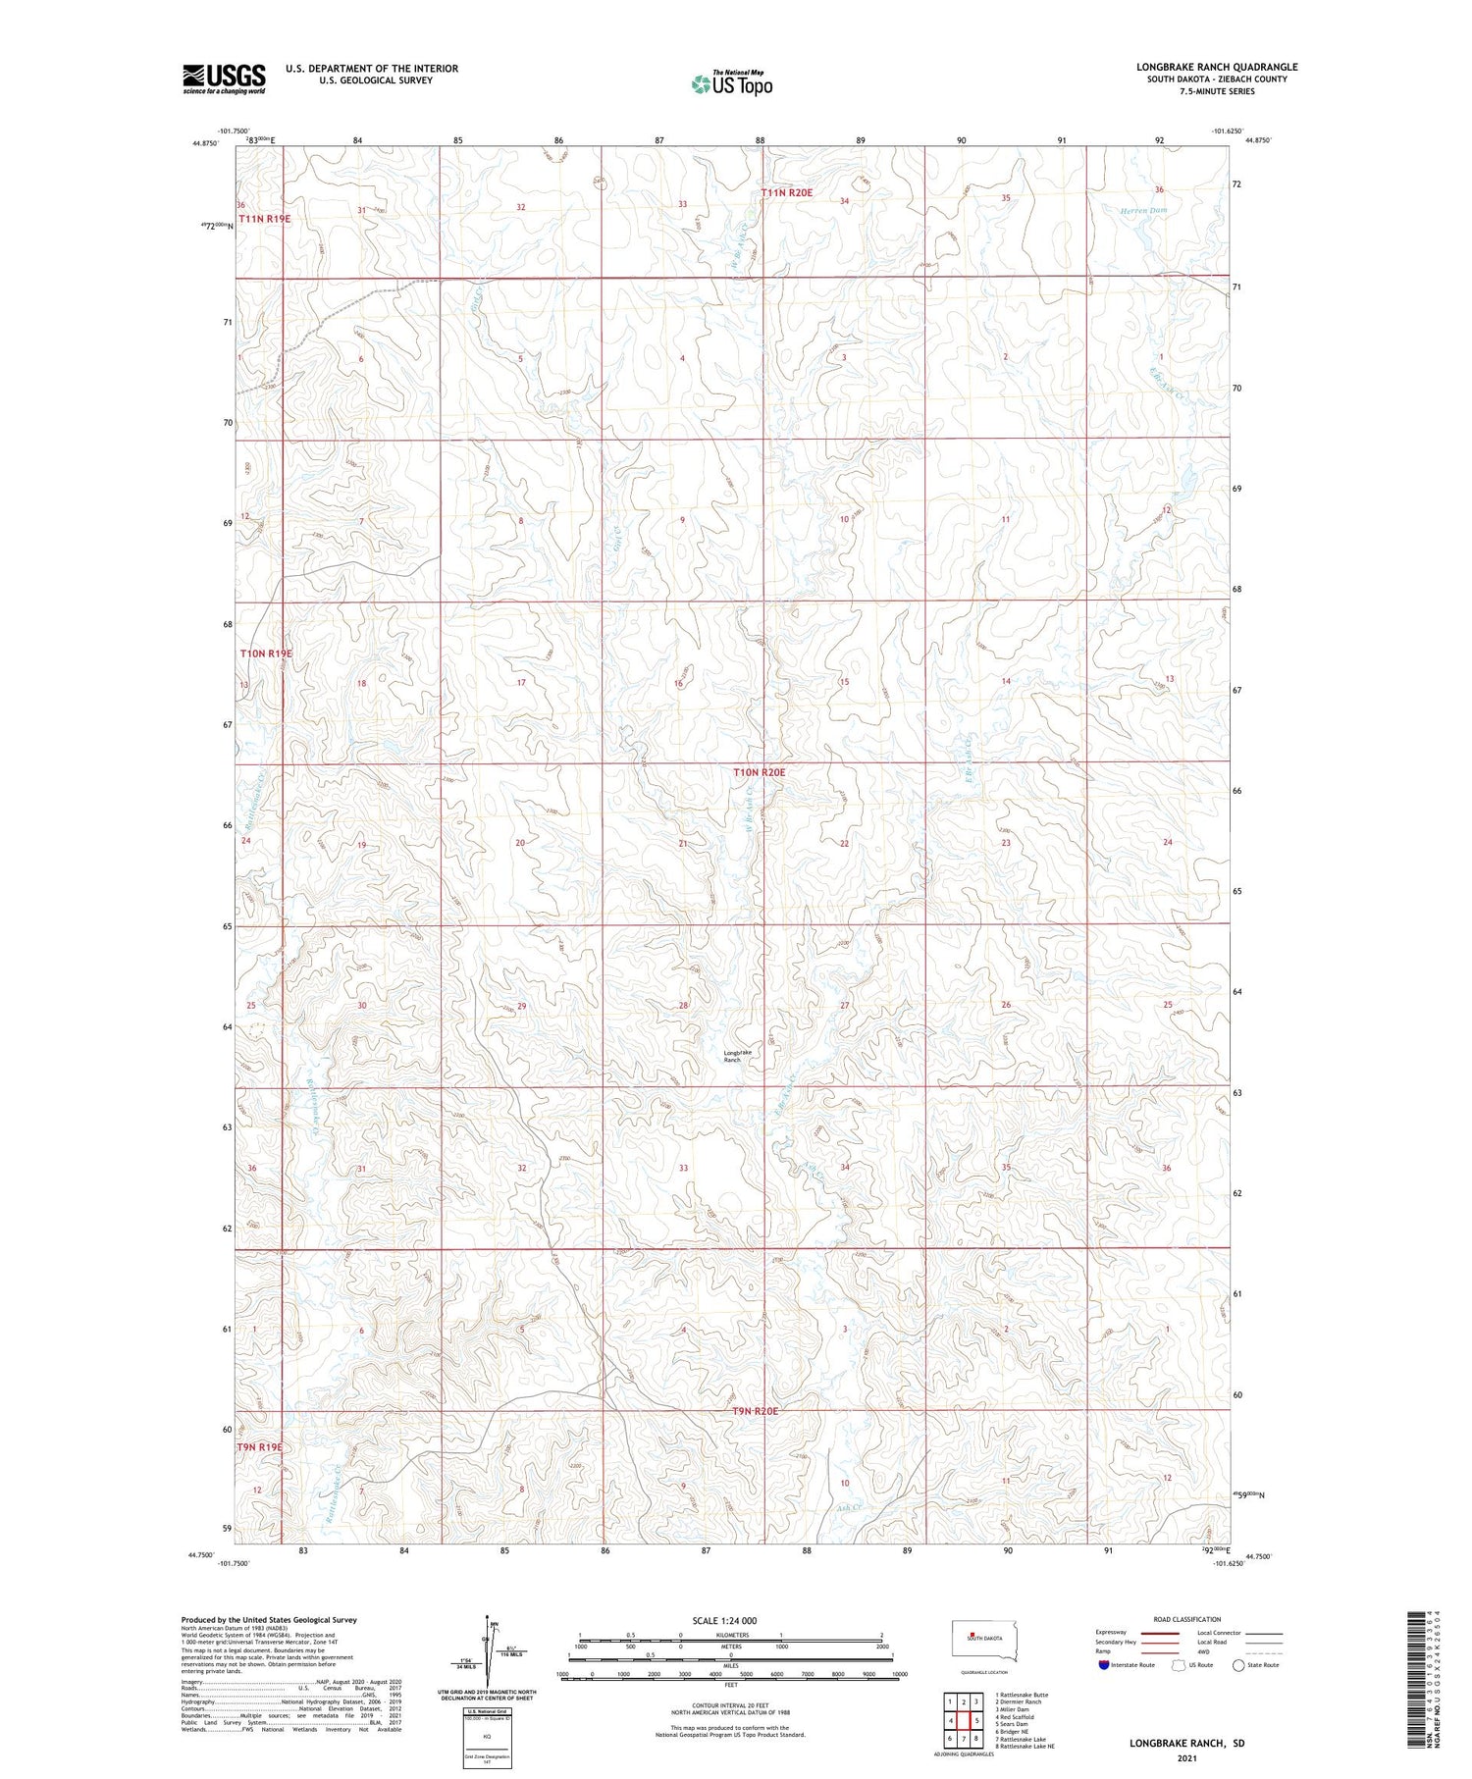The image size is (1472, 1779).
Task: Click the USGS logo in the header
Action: point(224,78)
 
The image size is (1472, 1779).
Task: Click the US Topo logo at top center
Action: point(731,83)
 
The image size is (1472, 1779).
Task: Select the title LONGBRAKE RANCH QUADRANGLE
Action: point(1217,67)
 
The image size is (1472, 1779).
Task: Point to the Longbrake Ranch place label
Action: point(737,1056)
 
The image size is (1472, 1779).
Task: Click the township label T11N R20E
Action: point(787,193)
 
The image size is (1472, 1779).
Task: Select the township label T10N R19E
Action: point(266,654)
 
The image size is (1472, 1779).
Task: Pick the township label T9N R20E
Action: point(755,1411)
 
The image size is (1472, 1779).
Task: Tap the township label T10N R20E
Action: point(760,773)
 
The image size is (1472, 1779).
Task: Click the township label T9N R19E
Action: point(259,1447)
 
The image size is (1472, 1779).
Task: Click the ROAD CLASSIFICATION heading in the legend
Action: point(1187,1619)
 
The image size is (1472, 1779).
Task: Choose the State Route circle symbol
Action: point(1238,1665)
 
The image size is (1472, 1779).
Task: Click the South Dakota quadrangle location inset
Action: point(984,1640)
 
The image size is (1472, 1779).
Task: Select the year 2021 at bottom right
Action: point(1186,1756)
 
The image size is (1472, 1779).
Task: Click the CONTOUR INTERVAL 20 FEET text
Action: point(730,1706)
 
